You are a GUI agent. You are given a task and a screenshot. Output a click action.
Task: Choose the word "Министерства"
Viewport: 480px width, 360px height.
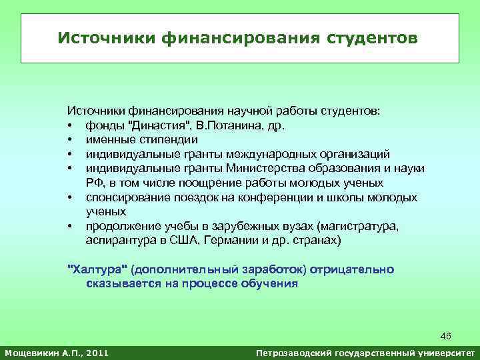click(x=261, y=169)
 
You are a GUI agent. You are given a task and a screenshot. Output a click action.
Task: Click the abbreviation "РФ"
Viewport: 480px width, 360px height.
click(x=93, y=183)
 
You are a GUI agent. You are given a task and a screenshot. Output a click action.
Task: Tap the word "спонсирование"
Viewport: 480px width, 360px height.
click(x=125, y=197)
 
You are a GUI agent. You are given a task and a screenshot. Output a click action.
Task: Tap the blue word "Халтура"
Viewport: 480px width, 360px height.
click(x=99, y=269)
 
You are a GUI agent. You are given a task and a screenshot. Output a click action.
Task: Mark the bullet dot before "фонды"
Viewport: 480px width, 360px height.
click(x=69, y=126)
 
